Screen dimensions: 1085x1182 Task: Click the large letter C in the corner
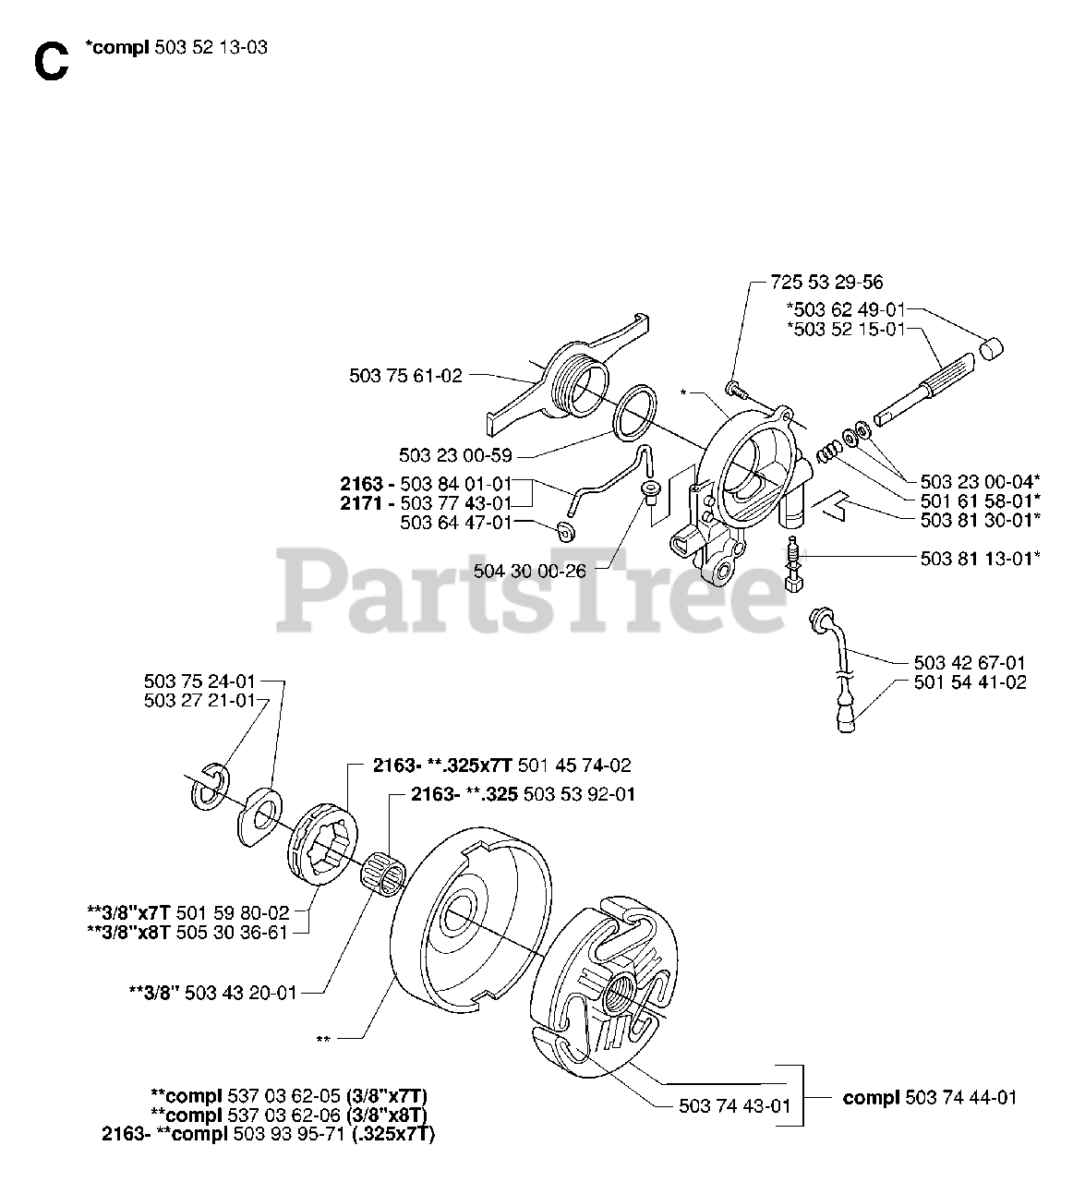[x=50, y=62]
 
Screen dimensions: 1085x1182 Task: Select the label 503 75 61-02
[x=406, y=375]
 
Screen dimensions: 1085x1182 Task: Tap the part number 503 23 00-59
[x=456, y=455]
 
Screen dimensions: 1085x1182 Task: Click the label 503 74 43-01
[x=734, y=1106]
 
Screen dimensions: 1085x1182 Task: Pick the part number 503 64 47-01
[x=456, y=523]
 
